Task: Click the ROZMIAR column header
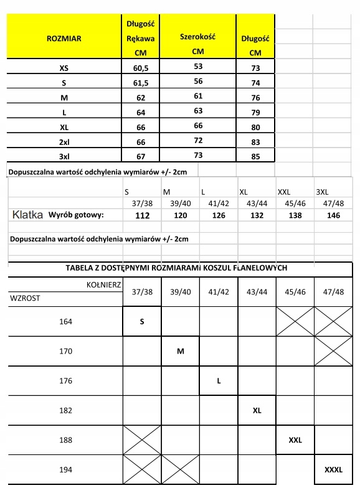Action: tap(64, 38)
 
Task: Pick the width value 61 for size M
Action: tap(198, 96)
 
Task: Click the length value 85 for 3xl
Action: tap(255, 156)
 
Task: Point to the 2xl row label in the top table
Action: tap(64, 141)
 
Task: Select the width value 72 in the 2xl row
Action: tap(198, 141)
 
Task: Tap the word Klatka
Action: tap(29, 215)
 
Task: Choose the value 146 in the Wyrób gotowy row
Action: tap(330, 215)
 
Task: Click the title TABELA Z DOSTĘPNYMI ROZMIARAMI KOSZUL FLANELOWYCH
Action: tap(176, 268)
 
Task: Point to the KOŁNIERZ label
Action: tap(103, 284)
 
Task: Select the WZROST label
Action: tap(26, 298)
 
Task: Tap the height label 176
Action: tap(65, 380)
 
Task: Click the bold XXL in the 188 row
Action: tap(295, 440)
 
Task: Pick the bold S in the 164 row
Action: tap(142, 322)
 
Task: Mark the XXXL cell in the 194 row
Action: tap(334, 470)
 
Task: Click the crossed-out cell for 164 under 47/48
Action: tap(333, 322)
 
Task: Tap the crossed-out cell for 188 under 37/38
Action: tap(142, 440)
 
